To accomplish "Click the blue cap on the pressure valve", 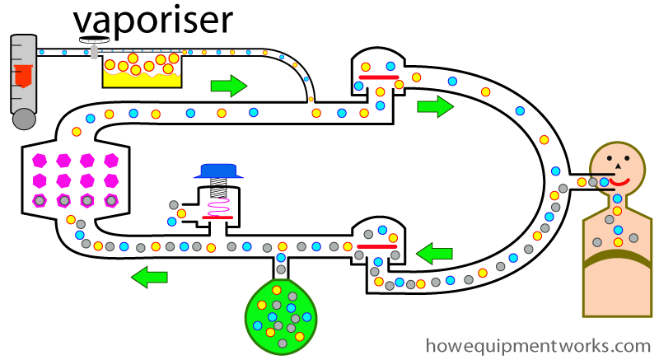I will coord(217,171).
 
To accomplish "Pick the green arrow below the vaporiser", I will coord(229,85).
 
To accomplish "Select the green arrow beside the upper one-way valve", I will coord(435,105).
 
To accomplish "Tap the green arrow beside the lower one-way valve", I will coord(435,254).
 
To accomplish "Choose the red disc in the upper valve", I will coord(378,77).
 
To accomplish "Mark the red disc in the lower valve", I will coord(378,245).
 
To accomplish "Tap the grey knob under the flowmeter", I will coord(25,119).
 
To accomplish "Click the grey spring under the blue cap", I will coord(217,189).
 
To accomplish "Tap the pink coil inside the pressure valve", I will coord(217,207).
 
